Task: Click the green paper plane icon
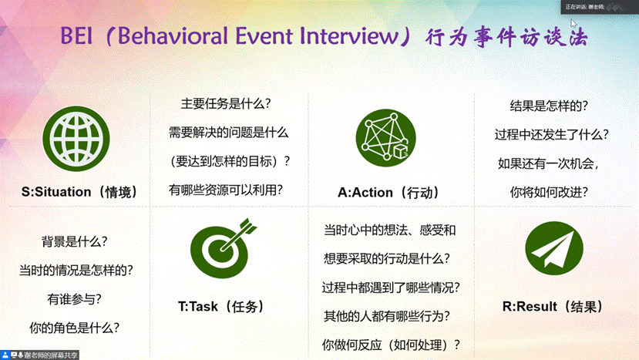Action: pos(553,249)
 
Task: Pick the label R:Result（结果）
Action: pos(553,307)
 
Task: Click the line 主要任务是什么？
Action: pos(229,104)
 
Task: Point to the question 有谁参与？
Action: pos(74,298)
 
